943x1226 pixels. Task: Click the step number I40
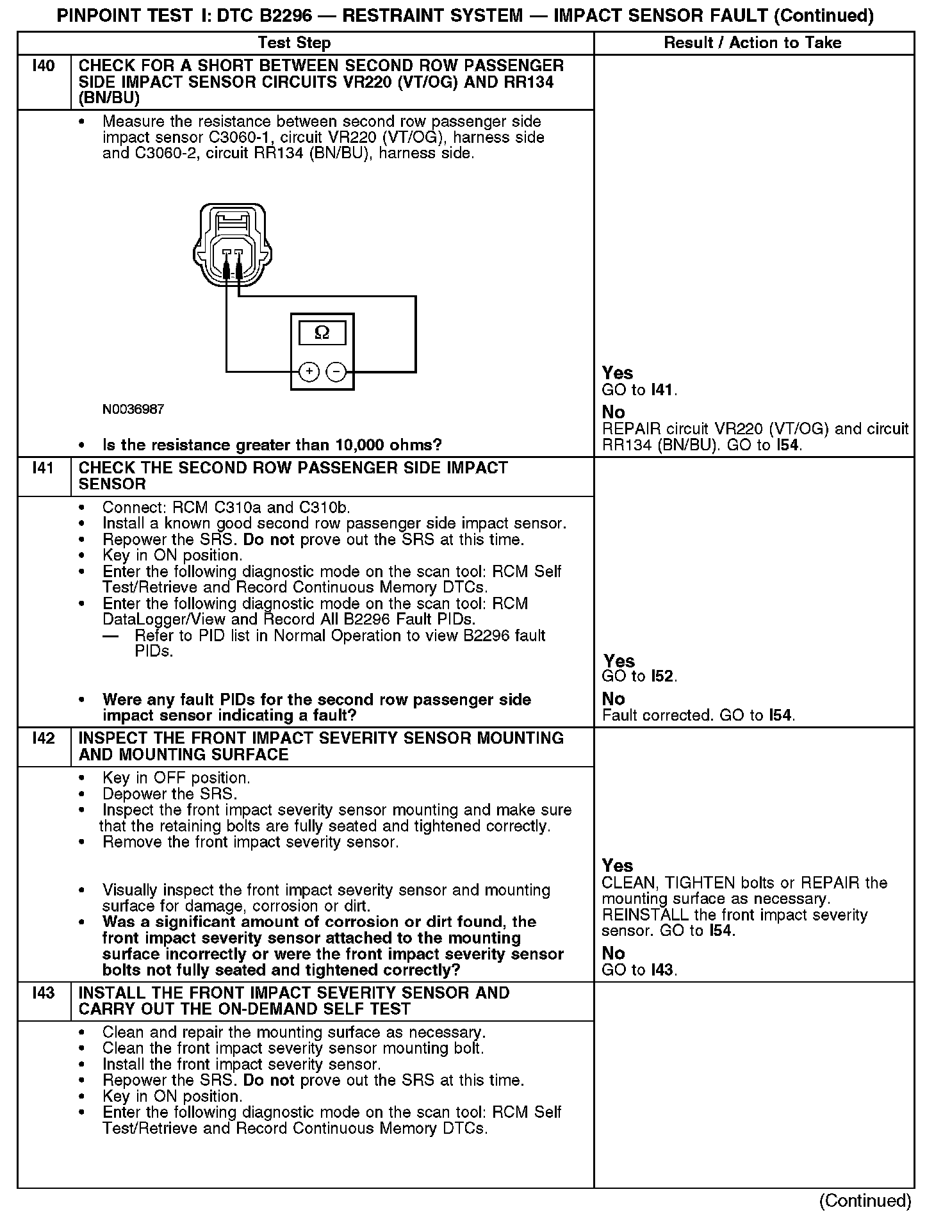43,66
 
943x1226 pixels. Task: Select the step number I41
43,468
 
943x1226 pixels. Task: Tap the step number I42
43,739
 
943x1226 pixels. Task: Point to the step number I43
43,993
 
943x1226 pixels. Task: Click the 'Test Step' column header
294,43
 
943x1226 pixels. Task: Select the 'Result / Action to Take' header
753,43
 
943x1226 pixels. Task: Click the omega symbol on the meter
322,332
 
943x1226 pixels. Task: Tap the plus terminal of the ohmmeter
309,372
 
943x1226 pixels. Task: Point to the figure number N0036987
133,409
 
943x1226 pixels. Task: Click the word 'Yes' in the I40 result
618,373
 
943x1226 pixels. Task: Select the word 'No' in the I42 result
613,953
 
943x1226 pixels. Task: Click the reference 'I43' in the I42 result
662,970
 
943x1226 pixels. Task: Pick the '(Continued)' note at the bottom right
865,1200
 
